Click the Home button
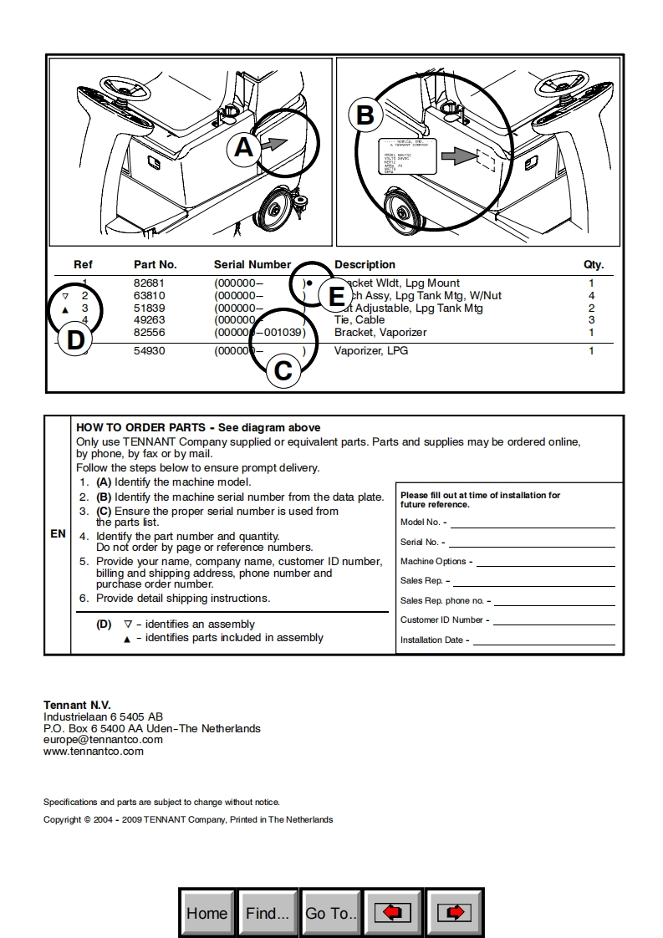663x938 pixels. click(207, 913)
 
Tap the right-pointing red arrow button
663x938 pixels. click(455, 913)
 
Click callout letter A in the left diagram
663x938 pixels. click(243, 148)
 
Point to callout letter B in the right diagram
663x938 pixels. click(365, 115)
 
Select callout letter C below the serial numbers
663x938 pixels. click(283, 370)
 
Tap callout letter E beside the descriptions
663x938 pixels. click(337, 297)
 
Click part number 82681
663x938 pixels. click(149, 283)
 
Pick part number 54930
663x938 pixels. click(149, 351)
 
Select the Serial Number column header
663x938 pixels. click(252, 265)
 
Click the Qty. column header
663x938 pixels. click(594, 265)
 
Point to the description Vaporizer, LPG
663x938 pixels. click(371, 351)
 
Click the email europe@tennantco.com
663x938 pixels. click(103, 740)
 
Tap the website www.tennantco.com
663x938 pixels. click(94, 752)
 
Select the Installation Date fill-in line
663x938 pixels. click(543, 642)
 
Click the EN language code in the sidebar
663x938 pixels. click(58, 533)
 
